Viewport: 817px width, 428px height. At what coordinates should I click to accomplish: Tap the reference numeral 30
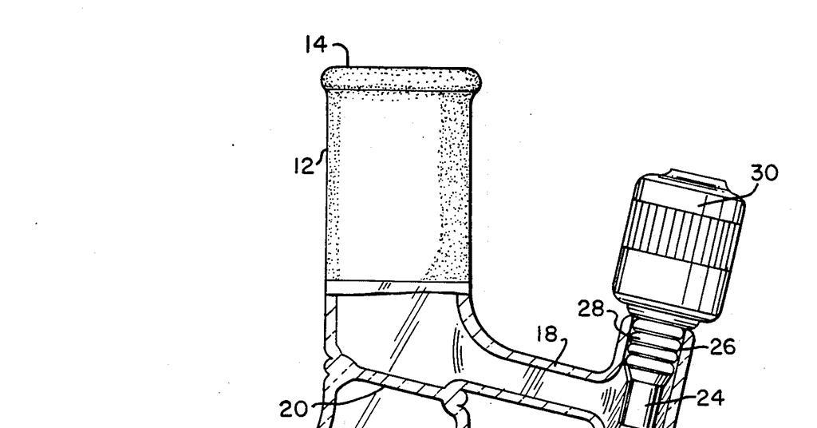tap(764, 173)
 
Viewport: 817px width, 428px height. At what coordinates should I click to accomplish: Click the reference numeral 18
tap(547, 335)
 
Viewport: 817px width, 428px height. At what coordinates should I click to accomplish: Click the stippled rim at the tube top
tap(403, 78)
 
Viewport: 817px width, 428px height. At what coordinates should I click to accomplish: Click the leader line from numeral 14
tap(345, 54)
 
